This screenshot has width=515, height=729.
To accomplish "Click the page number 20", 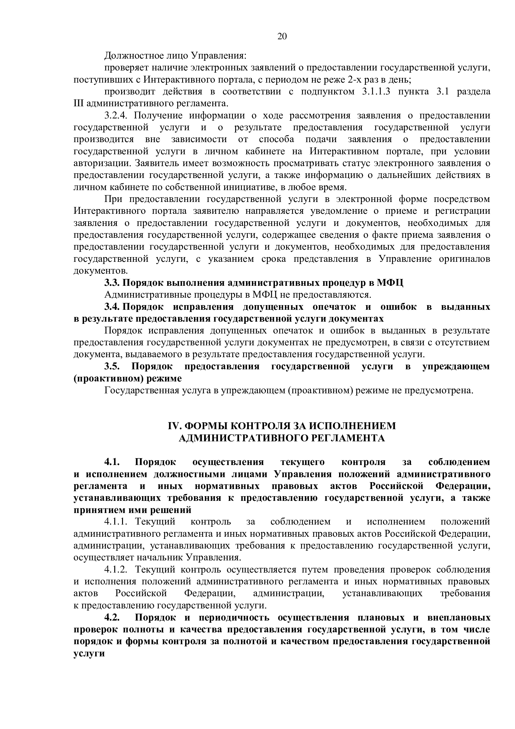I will pyautogui.click(x=282, y=36).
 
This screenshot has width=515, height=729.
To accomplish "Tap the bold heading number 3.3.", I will pyautogui.click(x=112, y=283).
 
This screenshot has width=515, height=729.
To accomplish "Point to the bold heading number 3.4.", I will pyautogui.click(x=112, y=307).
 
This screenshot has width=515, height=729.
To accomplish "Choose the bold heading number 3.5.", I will pyautogui.click(x=112, y=367).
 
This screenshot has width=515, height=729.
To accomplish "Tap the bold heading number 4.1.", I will pyautogui.click(x=112, y=462).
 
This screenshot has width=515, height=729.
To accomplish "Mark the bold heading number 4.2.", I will pyautogui.click(x=112, y=617).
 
